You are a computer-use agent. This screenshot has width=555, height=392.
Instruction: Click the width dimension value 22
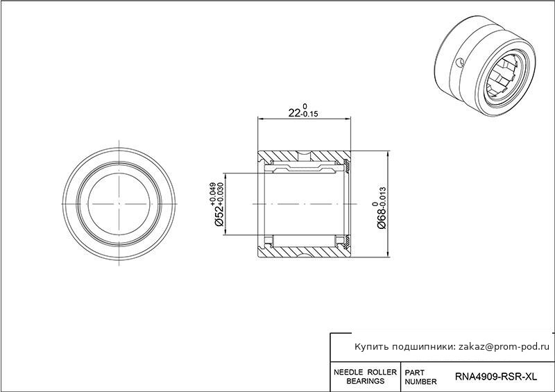coord(294,113)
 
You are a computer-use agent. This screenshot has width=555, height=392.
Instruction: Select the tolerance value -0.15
coord(309,114)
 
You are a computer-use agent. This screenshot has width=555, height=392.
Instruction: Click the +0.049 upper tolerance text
coord(213,194)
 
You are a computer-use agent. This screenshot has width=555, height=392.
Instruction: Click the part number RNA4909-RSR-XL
coord(495,377)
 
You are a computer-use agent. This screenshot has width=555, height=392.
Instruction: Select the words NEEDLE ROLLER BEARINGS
coord(366,377)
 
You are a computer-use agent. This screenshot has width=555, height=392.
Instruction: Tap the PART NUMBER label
coord(420,377)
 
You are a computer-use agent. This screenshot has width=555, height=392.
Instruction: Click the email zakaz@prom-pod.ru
coord(504,347)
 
